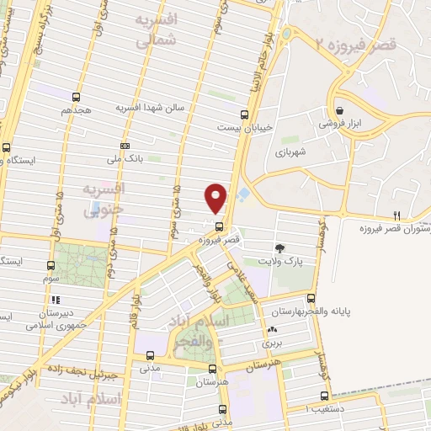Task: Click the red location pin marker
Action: tap(216, 197)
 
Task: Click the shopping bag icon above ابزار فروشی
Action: tap(338, 110)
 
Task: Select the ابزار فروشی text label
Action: tap(338, 123)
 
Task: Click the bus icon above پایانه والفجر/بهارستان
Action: tap(311, 297)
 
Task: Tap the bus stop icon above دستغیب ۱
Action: tap(324, 396)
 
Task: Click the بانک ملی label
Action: tap(125, 157)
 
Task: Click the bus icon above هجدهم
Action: tap(77, 97)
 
